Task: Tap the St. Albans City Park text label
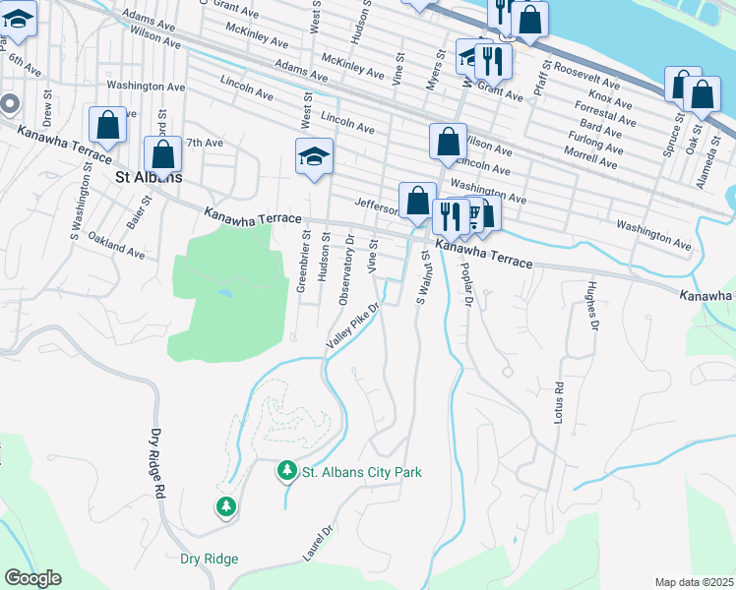[362, 472]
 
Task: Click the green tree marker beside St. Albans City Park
[286, 472]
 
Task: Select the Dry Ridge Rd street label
[158, 457]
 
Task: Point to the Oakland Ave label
[116, 246]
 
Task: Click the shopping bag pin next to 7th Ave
[162, 155]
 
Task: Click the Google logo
[32, 578]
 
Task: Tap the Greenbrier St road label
[304, 262]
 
